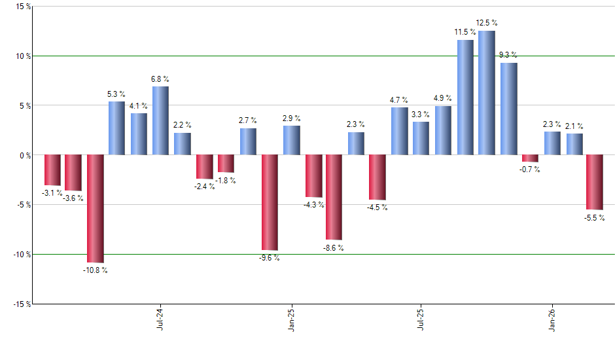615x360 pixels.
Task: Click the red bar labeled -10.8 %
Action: click(95, 208)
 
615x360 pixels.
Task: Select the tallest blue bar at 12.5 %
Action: click(486, 92)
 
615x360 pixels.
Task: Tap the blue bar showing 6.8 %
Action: click(160, 120)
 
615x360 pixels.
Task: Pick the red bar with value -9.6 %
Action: click(270, 202)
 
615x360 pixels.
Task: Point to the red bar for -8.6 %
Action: click(334, 197)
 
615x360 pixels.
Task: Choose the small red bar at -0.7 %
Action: click(530, 158)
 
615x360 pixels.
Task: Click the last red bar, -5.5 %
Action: click(594, 182)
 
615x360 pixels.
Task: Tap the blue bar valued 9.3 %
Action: click(508, 109)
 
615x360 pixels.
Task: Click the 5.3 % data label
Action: click(116, 94)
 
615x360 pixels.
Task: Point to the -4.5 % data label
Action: click(378, 207)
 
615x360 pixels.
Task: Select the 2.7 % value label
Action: click(247, 120)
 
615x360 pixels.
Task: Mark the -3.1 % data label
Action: click(52, 193)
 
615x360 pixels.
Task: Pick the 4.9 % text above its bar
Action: click(443, 99)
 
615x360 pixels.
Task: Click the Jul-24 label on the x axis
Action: click(160, 321)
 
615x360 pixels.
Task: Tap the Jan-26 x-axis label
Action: click(551, 321)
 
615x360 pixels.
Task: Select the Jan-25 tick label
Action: click(291, 321)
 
